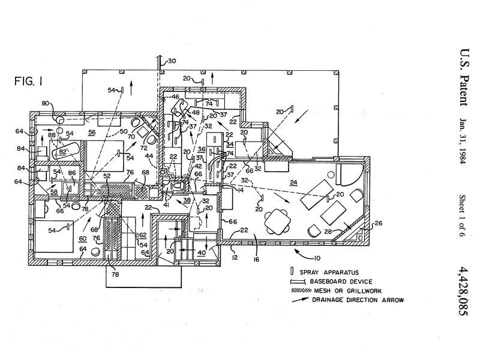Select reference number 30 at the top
click(172, 61)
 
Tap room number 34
click(230, 144)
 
